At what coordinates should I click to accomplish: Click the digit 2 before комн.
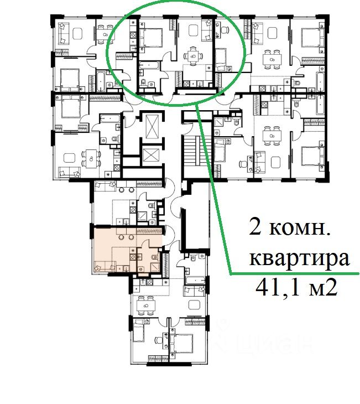pyautogui.click(x=255, y=227)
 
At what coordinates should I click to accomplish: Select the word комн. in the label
pyautogui.click(x=300, y=229)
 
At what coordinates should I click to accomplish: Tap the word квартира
pyautogui.click(x=300, y=258)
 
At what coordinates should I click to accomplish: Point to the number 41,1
pyautogui.click(x=278, y=288)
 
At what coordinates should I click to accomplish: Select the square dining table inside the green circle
pyautogui.click(x=193, y=56)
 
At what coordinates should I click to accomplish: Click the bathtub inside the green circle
pyautogui.click(x=150, y=65)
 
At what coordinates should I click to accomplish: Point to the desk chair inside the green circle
pyautogui.click(x=225, y=30)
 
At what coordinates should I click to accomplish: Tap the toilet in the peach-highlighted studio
pyautogui.click(x=154, y=257)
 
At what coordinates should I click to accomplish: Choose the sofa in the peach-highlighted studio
pyautogui.click(x=105, y=266)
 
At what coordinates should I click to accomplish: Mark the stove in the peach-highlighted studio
pyautogui.click(x=133, y=257)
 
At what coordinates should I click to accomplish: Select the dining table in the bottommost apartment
pyautogui.click(x=146, y=305)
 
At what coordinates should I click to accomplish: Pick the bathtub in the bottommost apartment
pyautogui.click(x=195, y=281)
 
